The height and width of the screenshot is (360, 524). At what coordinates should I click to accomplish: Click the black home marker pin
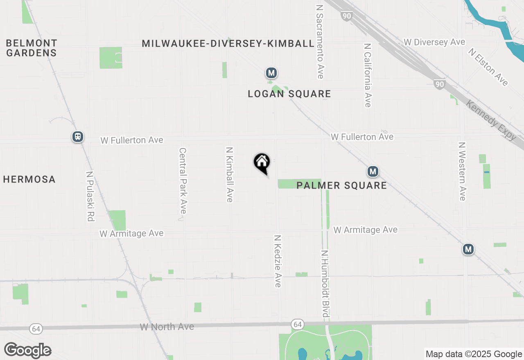262,163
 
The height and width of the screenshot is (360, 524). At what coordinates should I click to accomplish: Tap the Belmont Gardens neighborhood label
32,48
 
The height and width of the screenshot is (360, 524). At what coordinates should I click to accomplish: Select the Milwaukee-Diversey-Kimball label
228,43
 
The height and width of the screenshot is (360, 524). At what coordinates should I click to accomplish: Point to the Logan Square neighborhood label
289,94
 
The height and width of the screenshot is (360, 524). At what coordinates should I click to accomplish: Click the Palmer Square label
342,185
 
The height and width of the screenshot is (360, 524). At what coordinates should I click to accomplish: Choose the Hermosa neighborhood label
29,179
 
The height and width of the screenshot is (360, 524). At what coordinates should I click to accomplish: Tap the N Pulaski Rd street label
90,196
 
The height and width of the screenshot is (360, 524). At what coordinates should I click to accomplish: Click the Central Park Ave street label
183,180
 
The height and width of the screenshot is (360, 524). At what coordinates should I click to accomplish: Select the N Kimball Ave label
229,175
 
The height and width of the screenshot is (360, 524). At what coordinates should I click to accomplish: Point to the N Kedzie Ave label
278,261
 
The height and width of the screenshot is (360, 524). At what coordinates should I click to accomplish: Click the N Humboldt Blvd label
325,284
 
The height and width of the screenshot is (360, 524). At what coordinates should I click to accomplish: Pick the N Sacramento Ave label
320,42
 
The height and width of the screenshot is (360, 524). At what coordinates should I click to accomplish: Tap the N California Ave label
368,75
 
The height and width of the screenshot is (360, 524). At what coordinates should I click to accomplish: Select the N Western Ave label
462,171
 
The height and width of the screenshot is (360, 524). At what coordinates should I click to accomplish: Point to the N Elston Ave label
488,67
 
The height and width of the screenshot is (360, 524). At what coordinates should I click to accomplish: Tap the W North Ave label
167,327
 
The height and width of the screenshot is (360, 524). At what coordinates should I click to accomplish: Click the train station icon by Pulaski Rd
78,137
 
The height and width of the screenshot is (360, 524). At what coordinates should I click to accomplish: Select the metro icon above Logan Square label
271,73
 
